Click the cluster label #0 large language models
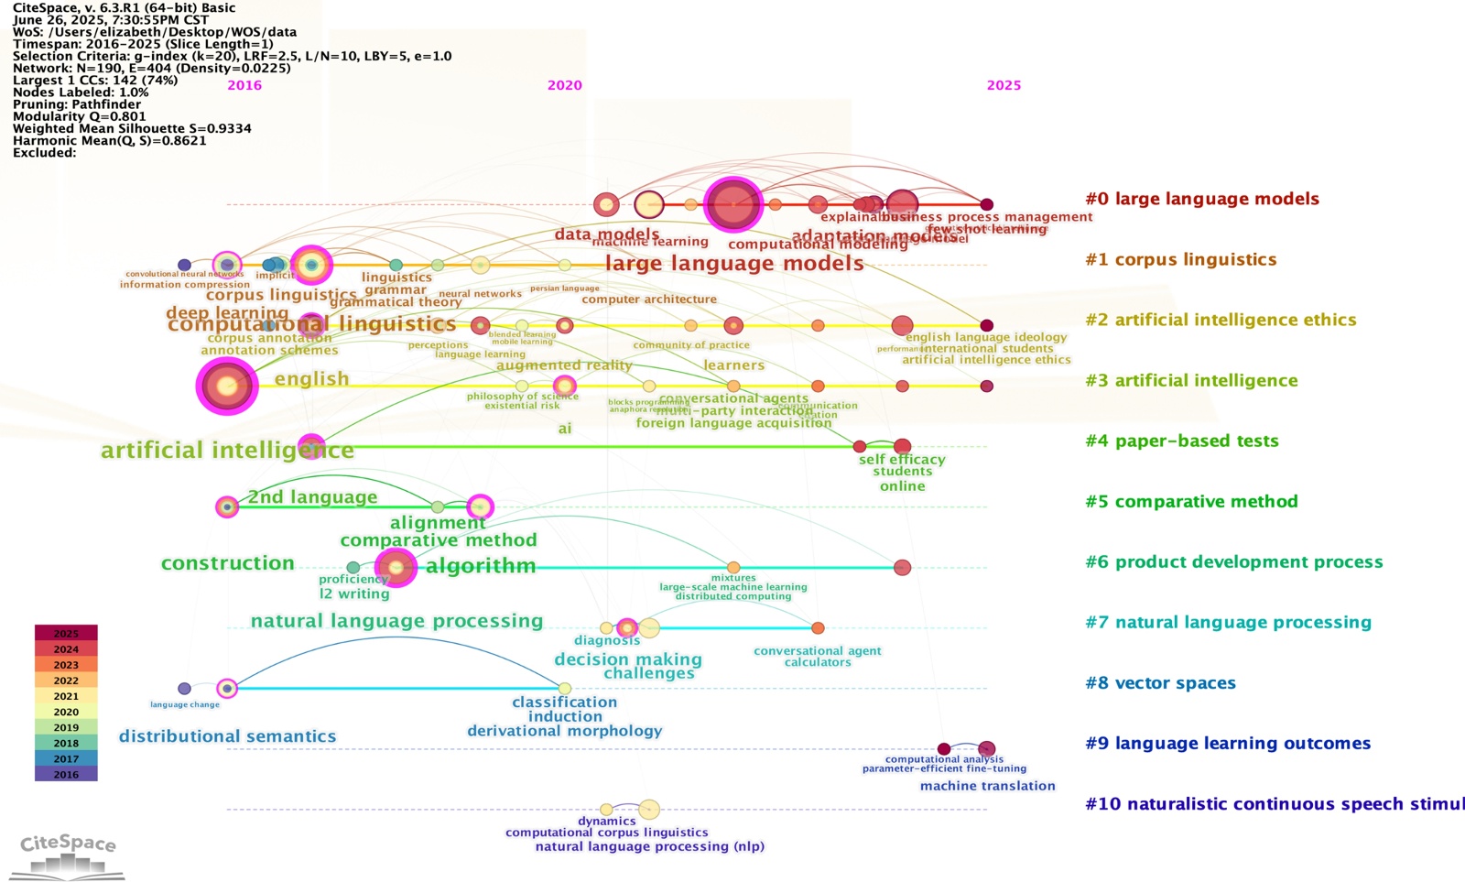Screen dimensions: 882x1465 pyautogui.click(x=1201, y=199)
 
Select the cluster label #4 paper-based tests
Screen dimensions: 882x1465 pyautogui.click(x=1181, y=441)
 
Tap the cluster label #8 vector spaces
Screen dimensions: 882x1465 pyautogui.click(x=1160, y=682)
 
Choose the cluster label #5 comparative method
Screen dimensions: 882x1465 pyautogui.click(x=1191, y=501)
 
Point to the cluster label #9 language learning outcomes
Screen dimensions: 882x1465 pyautogui.click(x=1227, y=743)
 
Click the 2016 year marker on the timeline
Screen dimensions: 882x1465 pyautogui.click(x=244, y=85)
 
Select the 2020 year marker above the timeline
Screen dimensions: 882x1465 pyautogui.click(x=564, y=85)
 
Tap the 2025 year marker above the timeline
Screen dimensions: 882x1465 pyautogui.click(x=1004, y=85)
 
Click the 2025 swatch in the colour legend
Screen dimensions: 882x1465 pyautogui.click(x=66, y=633)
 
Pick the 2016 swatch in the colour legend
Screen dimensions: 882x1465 pyautogui.click(x=66, y=774)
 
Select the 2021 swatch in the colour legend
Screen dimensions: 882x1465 pyautogui.click(x=66, y=696)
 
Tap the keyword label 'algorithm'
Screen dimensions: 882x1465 pyautogui.click(x=481, y=566)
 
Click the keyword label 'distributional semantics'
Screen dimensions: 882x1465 pyautogui.click(x=227, y=736)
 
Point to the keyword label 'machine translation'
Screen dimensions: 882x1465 pyautogui.click(x=987, y=786)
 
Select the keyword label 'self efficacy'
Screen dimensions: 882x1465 pyautogui.click(x=902, y=460)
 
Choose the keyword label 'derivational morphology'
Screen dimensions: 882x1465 pyautogui.click(x=564, y=731)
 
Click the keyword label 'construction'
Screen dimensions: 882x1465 pyautogui.click(x=227, y=563)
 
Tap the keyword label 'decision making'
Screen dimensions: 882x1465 pyautogui.click(x=628, y=659)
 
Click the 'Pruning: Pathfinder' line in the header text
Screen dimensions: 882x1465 pyautogui.click(x=81, y=104)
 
